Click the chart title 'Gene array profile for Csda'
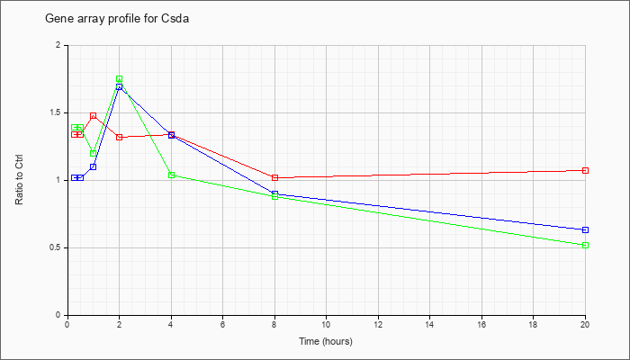(117, 19)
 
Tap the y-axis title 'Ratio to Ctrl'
(19, 180)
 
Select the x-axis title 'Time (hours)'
(326, 341)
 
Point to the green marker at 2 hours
(120, 79)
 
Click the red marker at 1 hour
(94, 116)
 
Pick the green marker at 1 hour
(94, 153)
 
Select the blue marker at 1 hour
(94, 166)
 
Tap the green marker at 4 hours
(172, 175)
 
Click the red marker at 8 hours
(274, 177)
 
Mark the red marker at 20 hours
(585, 170)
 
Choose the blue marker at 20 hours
(585, 229)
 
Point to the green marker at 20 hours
(585, 245)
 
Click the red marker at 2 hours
(120, 137)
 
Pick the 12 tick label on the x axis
(378, 324)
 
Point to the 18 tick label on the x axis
(533, 324)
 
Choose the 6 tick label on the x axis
(223, 324)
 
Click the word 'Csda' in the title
(176, 19)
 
